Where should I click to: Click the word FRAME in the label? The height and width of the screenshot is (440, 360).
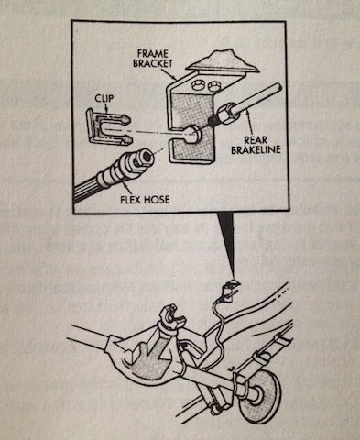pyautogui.click(x=153, y=54)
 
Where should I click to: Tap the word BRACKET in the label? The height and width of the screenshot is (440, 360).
pyautogui.click(x=153, y=63)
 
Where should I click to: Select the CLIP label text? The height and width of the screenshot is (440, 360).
pyautogui.click(x=104, y=98)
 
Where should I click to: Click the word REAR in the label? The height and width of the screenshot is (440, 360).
pyautogui.click(x=256, y=140)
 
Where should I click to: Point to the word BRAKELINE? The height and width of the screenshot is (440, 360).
pyautogui.click(x=256, y=150)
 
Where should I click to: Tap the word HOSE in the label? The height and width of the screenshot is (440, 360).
pyautogui.click(x=158, y=200)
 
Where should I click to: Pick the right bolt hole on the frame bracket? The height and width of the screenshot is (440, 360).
pyautogui.click(x=213, y=86)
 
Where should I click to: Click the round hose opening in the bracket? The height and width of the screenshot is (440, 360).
pyautogui.click(x=193, y=134)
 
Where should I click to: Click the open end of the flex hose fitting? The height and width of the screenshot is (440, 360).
pyautogui.click(x=147, y=156)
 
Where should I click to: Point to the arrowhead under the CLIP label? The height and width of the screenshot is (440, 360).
pyautogui.click(x=106, y=108)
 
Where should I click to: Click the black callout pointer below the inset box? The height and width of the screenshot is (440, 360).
pyautogui.click(x=227, y=246)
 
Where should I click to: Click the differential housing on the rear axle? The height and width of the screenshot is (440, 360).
pyautogui.click(x=147, y=355)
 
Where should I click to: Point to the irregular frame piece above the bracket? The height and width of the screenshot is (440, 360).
pyautogui.click(x=224, y=61)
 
